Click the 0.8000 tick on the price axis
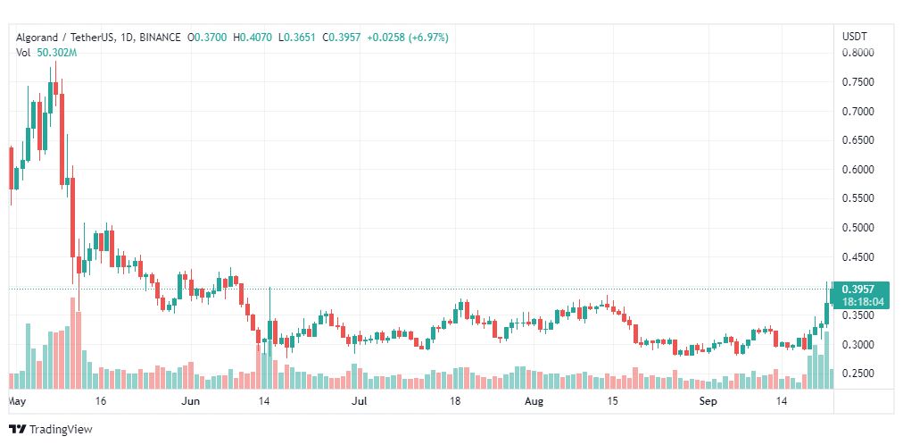[857, 53]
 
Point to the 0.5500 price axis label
[857, 199]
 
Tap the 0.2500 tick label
[857, 374]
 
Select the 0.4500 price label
[857, 257]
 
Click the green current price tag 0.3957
[857, 290]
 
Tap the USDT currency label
[855, 37]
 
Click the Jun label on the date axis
[191, 401]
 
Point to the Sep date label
[708, 401]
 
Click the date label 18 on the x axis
[456, 401]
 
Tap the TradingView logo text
[61, 430]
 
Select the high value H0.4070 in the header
[253, 38]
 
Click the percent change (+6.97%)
[428, 38]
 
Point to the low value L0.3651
[298, 38]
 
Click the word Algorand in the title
[37, 38]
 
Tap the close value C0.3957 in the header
[342, 38]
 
